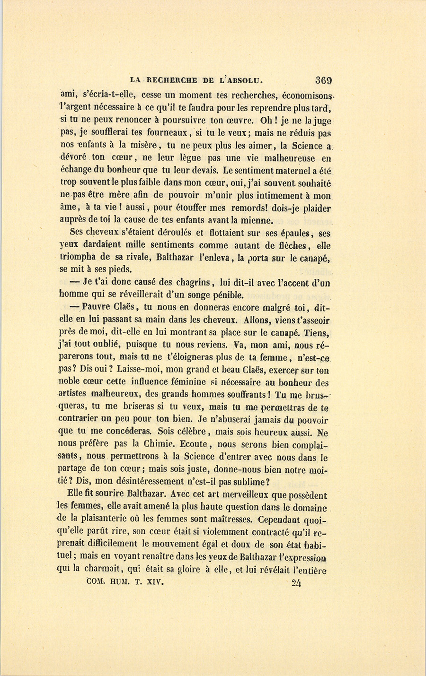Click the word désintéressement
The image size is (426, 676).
(x=175, y=481)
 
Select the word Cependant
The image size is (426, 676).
(x=284, y=520)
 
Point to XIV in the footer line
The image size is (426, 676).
(x=154, y=582)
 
